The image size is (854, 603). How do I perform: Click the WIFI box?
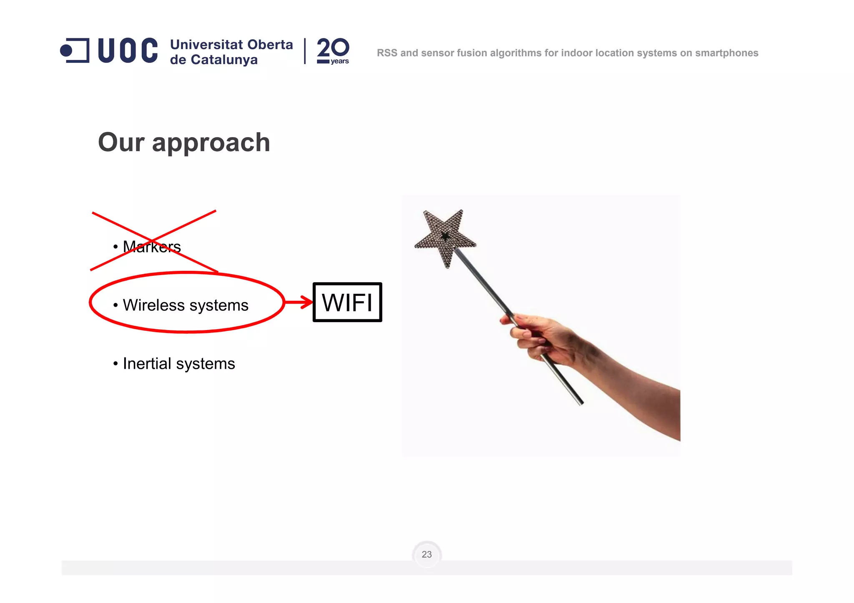[347, 302]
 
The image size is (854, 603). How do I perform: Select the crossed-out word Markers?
[152, 247]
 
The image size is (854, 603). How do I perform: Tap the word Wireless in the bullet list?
[153, 305]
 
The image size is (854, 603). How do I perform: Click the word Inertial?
[147, 363]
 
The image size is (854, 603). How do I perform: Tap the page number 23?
[427, 554]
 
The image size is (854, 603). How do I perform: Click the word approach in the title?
[211, 143]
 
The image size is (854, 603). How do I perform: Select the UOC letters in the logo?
[128, 50]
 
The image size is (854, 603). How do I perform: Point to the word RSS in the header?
[387, 53]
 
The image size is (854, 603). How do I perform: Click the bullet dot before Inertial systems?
[116, 364]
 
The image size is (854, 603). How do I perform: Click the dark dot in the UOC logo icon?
[66, 50]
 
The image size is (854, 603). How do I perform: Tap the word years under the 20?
[340, 61]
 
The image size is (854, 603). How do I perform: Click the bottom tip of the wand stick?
[581, 403]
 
